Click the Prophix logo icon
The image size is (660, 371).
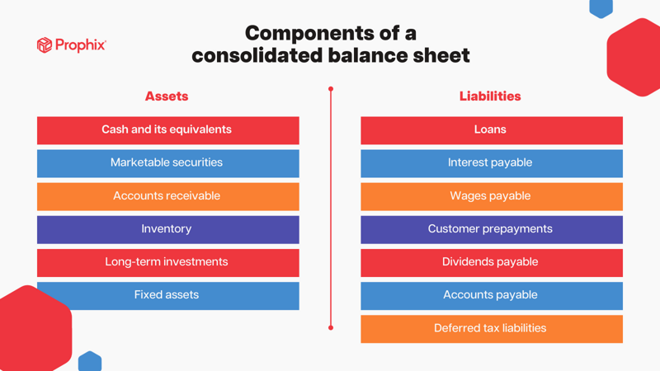pyautogui.click(x=45, y=45)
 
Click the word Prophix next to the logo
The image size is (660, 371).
pyautogui.click(x=81, y=45)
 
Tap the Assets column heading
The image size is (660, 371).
pyautogui.click(x=167, y=96)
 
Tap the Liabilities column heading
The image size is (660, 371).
pyautogui.click(x=490, y=96)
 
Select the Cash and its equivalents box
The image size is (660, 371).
pyautogui.click(x=167, y=130)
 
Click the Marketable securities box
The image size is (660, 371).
pyautogui.click(x=167, y=163)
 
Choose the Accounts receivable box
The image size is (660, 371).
pyautogui.click(x=167, y=196)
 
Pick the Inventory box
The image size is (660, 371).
pyautogui.click(x=167, y=229)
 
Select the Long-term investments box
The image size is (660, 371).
pyautogui.click(x=167, y=262)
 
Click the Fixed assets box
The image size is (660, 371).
pyautogui.click(x=167, y=295)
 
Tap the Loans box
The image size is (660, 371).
pyautogui.click(x=491, y=130)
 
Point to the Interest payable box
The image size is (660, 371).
pyautogui.click(x=491, y=163)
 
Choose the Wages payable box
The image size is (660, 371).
pyautogui.click(x=491, y=196)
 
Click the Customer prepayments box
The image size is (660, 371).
pyautogui.click(x=491, y=229)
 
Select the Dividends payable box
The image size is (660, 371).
pyautogui.click(x=491, y=262)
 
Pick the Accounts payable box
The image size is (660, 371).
pyautogui.click(x=491, y=295)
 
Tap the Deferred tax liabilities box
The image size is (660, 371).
pyautogui.click(x=491, y=328)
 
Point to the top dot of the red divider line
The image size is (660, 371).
pyautogui.click(x=331, y=89)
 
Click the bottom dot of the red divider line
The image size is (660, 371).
pyautogui.click(x=331, y=327)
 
